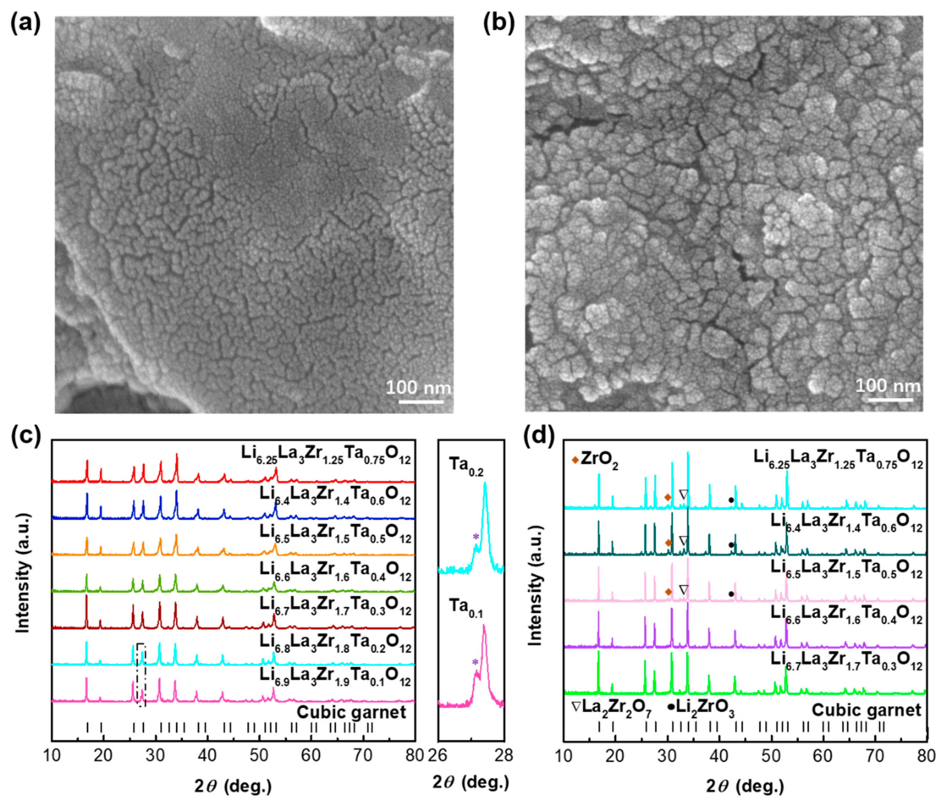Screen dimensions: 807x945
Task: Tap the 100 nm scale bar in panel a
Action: (x=421, y=402)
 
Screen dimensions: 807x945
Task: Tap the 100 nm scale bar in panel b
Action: (x=890, y=400)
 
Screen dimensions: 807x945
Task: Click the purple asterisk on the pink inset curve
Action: (x=475, y=662)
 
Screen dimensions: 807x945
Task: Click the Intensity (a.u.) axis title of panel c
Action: (x=22, y=573)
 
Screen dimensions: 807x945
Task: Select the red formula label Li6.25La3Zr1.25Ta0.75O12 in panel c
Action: (x=326, y=455)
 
